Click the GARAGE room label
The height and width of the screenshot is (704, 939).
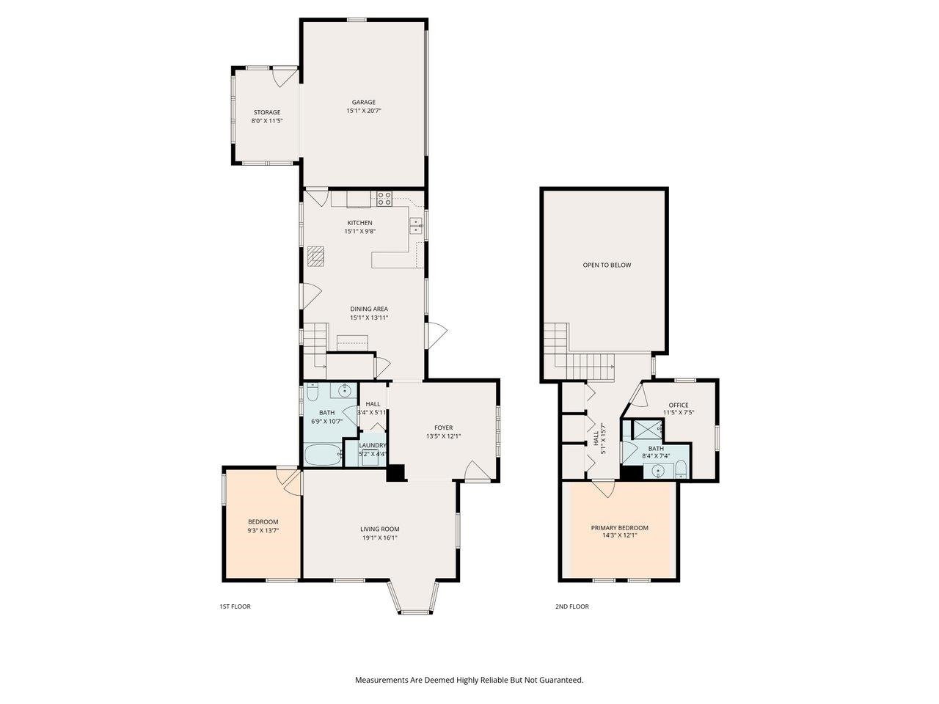[x=363, y=103]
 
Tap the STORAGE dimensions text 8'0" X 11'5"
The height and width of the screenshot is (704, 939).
[x=267, y=121]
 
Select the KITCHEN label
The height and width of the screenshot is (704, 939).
[x=359, y=223]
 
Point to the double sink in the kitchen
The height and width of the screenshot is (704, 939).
[x=416, y=225]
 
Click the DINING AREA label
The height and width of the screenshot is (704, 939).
[x=368, y=309]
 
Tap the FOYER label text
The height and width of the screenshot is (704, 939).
[x=443, y=428]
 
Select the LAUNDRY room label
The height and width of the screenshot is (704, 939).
[x=373, y=445]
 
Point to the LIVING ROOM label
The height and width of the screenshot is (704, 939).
[x=379, y=529]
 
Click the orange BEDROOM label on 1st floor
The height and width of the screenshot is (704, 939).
[x=263, y=521]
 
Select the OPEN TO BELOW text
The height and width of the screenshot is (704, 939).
[x=607, y=265]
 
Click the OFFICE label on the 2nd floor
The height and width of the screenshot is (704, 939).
[x=678, y=405]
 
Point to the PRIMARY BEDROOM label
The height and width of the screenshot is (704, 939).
[x=620, y=527]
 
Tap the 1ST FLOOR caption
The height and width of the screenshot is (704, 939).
[x=235, y=606]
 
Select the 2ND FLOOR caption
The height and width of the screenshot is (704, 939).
[x=571, y=606]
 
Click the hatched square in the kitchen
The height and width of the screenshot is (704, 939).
[x=315, y=255]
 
